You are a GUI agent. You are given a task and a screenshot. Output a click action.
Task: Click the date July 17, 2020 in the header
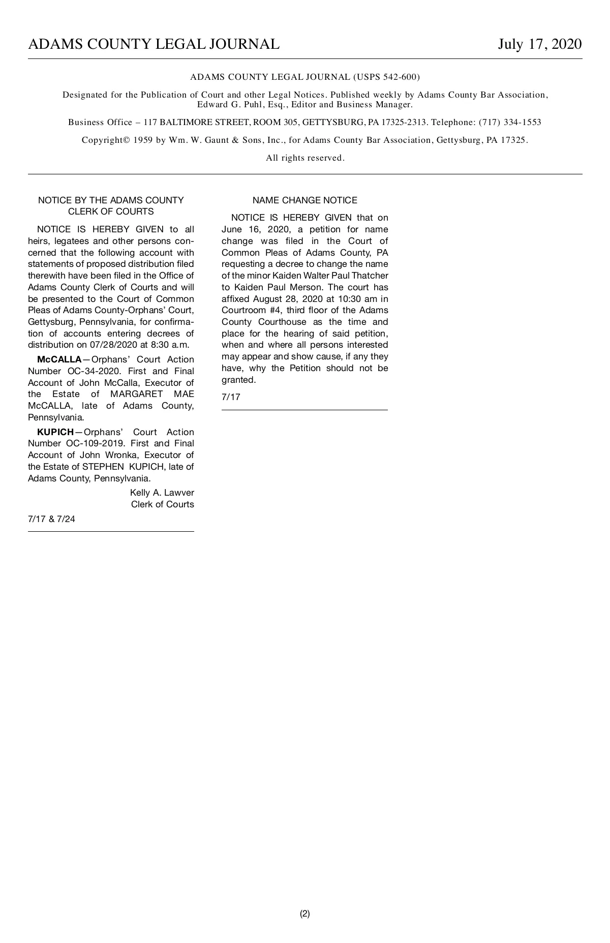point(539,45)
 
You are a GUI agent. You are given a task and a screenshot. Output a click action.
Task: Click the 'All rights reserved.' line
point(305,158)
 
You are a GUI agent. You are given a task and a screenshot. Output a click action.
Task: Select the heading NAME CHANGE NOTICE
point(304,200)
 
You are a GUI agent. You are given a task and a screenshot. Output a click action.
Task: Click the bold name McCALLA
point(59,360)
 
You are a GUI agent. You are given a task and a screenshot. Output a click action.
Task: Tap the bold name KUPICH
point(55,432)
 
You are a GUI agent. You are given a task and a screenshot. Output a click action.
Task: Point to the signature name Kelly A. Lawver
point(162,493)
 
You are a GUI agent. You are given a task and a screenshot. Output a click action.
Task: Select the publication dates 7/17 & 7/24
point(51,519)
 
